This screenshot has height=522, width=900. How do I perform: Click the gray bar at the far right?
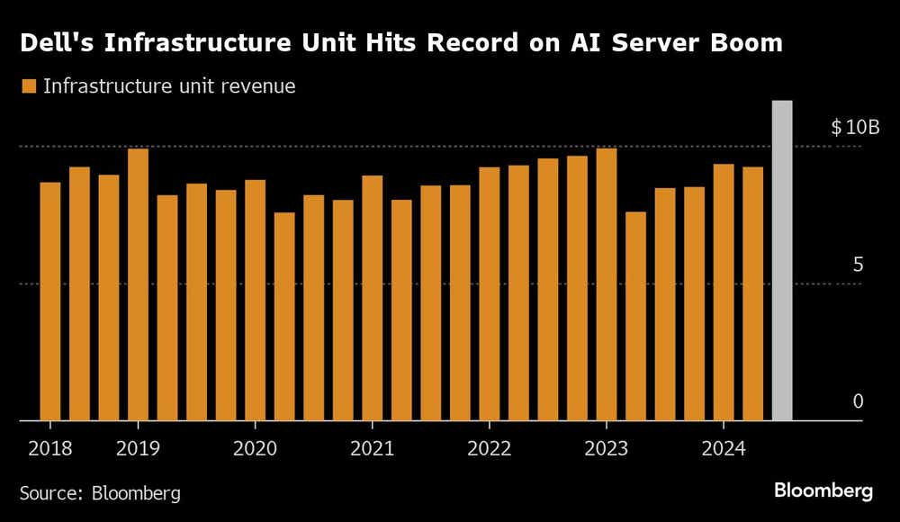(782, 261)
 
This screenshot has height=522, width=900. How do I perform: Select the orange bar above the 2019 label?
(138, 284)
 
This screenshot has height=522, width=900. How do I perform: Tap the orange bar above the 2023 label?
(606, 284)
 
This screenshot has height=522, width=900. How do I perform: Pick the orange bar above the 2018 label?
(50, 301)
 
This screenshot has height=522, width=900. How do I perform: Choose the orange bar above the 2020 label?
(255, 301)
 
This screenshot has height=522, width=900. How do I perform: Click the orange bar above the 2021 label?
(372, 298)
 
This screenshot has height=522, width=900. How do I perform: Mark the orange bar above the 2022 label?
(489, 293)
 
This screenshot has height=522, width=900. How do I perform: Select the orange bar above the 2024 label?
(723, 292)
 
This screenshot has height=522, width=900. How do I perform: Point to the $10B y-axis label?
(854, 127)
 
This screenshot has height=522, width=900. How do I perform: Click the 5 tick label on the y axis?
(858, 265)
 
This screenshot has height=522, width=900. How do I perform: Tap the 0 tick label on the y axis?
(858, 401)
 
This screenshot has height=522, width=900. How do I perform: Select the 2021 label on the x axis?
(372, 447)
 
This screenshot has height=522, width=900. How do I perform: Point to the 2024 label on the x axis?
(723, 447)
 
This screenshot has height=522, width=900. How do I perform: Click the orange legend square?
(28, 87)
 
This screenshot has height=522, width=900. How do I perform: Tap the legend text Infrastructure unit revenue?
(169, 87)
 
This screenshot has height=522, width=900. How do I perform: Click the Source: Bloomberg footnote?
(100, 493)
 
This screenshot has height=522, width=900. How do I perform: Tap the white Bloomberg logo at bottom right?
(823, 491)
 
